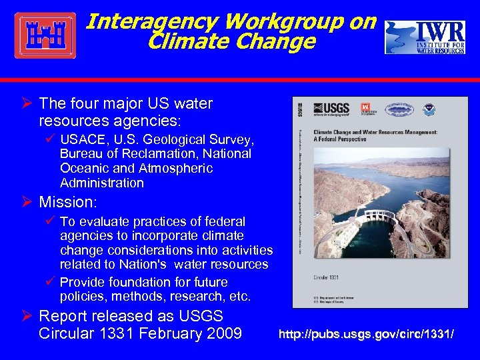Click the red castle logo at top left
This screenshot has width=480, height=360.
click(x=45, y=35)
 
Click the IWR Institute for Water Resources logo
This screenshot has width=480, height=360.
click(x=424, y=37)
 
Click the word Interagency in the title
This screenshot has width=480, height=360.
click(x=153, y=22)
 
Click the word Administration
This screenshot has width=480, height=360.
click(x=101, y=183)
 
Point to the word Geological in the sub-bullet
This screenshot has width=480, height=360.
click(x=199, y=139)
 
